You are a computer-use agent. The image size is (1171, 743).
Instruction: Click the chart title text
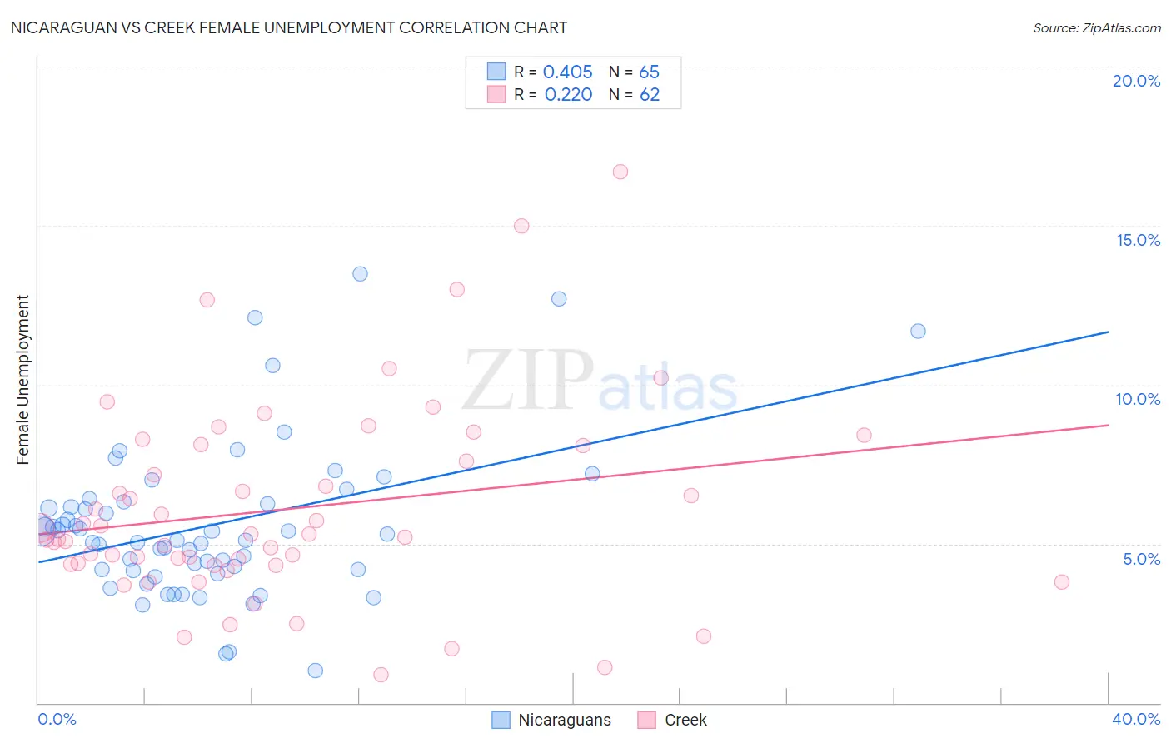pyautogui.click(x=288, y=27)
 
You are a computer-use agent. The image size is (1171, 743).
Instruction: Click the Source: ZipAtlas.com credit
pyautogui.click(x=1096, y=27)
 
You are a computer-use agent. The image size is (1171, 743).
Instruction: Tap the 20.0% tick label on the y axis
pyautogui.click(x=1136, y=81)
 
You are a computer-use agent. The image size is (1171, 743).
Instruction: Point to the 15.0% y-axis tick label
pyautogui.click(x=1138, y=240)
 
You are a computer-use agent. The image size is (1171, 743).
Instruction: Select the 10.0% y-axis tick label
pyautogui.click(x=1138, y=399)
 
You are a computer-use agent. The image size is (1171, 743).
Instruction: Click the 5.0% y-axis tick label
pyautogui.click(x=1141, y=559)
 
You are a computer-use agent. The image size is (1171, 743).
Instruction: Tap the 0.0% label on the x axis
pyautogui.click(x=57, y=719)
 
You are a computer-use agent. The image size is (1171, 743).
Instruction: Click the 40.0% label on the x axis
pyautogui.click(x=1136, y=719)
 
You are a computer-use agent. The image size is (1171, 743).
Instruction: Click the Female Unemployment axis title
pyautogui.click(x=23, y=379)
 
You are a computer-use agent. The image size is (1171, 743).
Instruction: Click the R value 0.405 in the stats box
pyautogui.click(x=567, y=72)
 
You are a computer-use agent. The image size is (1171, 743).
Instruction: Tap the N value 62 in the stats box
pyautogui.click(x=650, y=95)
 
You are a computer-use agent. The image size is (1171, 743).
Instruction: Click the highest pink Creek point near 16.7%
pyautogui.click(x=620, y=172)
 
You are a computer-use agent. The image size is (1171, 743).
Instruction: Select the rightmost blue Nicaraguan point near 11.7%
pyautogui.click(x=918, y=331)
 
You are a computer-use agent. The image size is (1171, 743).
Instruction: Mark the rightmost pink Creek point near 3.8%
pyautogui.click(x=1061, y=581)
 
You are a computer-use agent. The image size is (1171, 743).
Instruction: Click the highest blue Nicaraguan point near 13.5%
pyautogui.click(x=360, y=273)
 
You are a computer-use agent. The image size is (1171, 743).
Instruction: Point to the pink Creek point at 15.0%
pyautogui.click(x=521, y=226)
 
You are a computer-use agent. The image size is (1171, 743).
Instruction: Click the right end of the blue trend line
pyautogui.click(x=1108, y=332)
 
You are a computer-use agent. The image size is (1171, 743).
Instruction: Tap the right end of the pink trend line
pyautogui.click(x=1108, y=425)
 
